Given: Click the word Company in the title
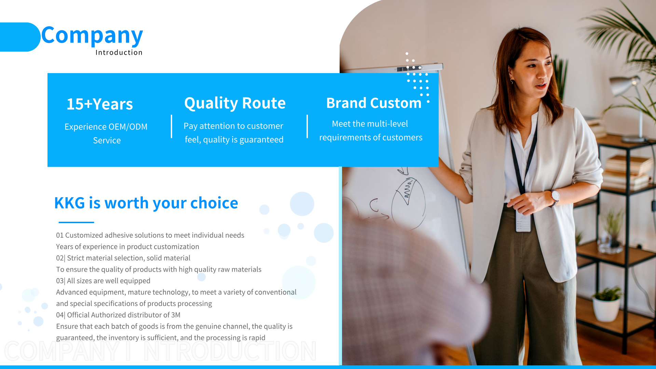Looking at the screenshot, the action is [92, 36].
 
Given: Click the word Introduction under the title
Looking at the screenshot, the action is [119, 52].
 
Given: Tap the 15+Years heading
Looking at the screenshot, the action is [100, 104].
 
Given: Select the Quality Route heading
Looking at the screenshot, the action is [235, 103].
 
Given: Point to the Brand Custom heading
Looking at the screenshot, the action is [374, 103].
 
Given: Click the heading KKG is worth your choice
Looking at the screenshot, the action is [146, 203].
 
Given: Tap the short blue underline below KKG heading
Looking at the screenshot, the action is [76, 222].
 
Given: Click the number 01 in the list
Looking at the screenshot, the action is [60, 235].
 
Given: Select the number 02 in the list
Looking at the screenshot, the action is [60, 258].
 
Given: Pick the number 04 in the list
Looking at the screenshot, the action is [60, 315].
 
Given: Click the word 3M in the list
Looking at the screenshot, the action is [176, 315].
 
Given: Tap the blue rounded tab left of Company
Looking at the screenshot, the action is [20, 37].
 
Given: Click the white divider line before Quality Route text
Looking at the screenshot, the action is [172, 126].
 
